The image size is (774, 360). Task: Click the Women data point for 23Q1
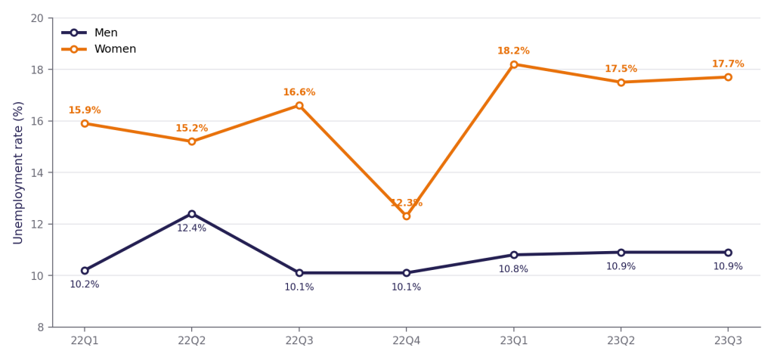click(x=514, y=64)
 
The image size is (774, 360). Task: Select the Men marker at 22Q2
click(x=192, y=214)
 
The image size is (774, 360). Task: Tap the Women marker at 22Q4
click(x=406, y=216)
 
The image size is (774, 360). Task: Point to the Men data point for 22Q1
click(x=85, y=271)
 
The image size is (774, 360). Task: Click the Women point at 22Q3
click(x=299, y=105)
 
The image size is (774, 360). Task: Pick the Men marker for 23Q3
click(x=728, y=253)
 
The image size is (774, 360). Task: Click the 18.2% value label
click(x=513, y=51)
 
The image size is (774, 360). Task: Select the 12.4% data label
click(x=191, y=228)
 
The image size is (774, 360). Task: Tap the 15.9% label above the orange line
click(x=85, y=110)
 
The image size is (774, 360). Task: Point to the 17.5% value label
click(x=621, y=69)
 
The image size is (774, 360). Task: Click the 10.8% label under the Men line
click(x=513, y=269)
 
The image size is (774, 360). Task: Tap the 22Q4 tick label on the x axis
click(x=406, y=341)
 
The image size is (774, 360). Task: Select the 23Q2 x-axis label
click(x=621, y=341)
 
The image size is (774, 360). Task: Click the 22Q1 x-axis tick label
click(x=85, y=341)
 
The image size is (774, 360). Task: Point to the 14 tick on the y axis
click(x=41, y=173)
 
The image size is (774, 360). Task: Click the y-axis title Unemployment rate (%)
click(x=18, y=172)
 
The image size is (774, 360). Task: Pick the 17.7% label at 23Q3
click(x=728, y=64)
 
